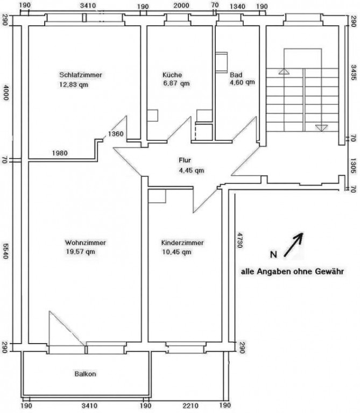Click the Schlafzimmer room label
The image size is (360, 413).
(x=80, y=75)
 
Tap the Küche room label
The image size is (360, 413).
(x=172, y=75)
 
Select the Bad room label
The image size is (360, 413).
(x=236, y=75)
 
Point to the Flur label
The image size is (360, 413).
(x=185, y=160)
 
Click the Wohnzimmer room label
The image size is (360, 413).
(x=86, y=243)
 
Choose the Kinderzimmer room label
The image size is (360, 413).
(x=182, y=243)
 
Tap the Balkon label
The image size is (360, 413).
(x=85, y=374)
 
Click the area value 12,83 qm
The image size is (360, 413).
(x=74, y=84)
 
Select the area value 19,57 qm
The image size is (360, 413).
(x=80, y=252)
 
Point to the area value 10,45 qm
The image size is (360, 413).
(x=177, y=252)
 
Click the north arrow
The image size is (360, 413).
(x=293, y=245)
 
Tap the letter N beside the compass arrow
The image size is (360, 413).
(x=273, y=255)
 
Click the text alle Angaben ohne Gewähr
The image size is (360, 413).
(x=292, y=272)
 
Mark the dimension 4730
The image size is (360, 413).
(x=239, y=240)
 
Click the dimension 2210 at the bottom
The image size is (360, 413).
(x=190, y=405)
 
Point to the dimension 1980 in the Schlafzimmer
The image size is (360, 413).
(x=60, y=153)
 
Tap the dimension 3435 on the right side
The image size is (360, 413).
(x=354, y=73)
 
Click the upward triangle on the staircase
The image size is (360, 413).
(x=284, y=72)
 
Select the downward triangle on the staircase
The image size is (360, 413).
(x=321, y=128)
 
